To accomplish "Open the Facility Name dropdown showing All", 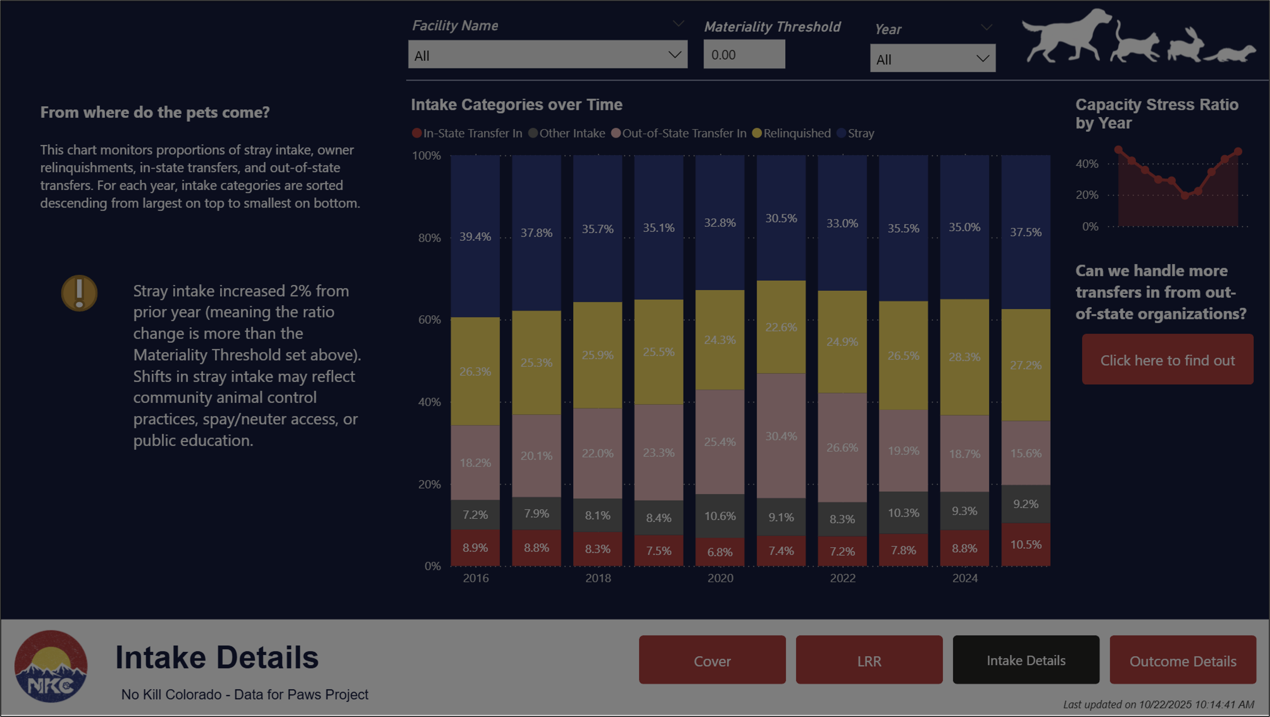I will pyautogui.click(x=547, y=55).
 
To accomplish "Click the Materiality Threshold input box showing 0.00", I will pyautogui.click(x=743, y=55).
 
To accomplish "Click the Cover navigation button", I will pyautogui.click(x=712, y=660).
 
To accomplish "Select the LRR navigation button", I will pyautogui.click(x=869, y=660).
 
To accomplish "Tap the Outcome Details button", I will pyautogui.click(x=1182, y=660).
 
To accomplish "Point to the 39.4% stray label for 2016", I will pyautogui.click(x=475, y=237).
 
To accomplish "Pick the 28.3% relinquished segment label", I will pyautogui.click(x=964, y=357).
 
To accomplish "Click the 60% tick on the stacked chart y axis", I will pyautogui.click(x=429, y=320).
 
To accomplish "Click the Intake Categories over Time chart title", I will pyautogui.click(x=516, y=105).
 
